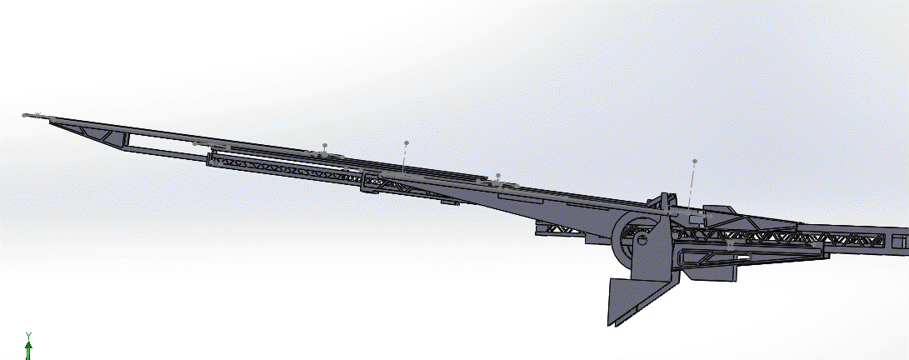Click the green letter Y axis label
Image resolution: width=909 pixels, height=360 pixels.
click(x=28, y=336)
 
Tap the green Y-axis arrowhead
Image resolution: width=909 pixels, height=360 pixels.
click(x=28, y=345)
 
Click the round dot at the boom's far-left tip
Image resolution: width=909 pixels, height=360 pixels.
click(x=24, y=115)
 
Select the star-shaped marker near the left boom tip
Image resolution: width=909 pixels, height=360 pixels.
click(x=37, y=115)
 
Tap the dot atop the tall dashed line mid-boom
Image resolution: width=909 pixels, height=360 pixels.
click(x=407, y=142)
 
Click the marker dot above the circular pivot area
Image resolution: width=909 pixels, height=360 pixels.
click(x=695, y=161)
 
